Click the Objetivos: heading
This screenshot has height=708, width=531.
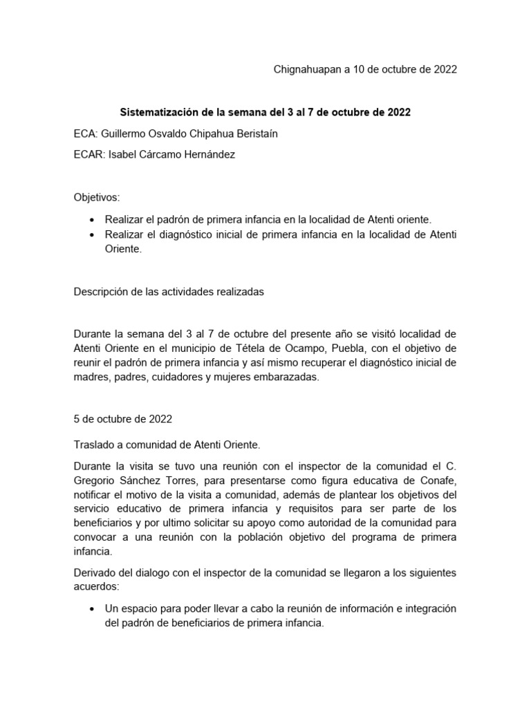(97, 197)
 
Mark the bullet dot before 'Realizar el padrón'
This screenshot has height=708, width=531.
(92, 219)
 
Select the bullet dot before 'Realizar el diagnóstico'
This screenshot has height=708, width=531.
(92, 236)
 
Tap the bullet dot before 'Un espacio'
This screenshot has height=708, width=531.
(92, 608)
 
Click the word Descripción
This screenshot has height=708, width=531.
(102, 292)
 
